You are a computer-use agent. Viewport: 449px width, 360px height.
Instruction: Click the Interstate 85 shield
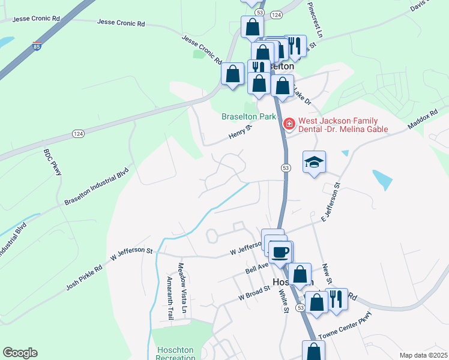coord(37,46)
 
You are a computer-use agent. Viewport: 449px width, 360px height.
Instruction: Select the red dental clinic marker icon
coord(289,124)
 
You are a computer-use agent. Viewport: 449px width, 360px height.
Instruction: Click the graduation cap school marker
coord(314,162)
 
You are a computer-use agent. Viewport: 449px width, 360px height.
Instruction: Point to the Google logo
coord(20,353)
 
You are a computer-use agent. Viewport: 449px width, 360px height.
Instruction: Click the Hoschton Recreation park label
coord(175,353)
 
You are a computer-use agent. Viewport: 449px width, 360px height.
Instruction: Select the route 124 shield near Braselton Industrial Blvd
coord(77,133)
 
